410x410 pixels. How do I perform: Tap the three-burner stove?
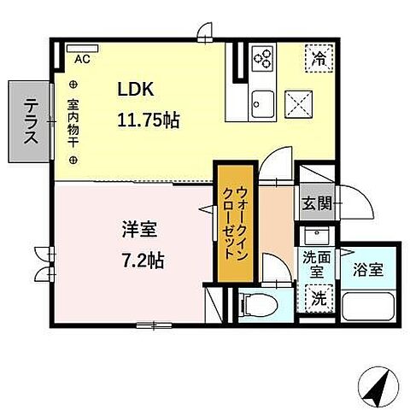[x=263, y=59]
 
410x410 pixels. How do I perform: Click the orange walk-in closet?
[x=231, y=220]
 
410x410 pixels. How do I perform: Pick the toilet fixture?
[x=259, y=302]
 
